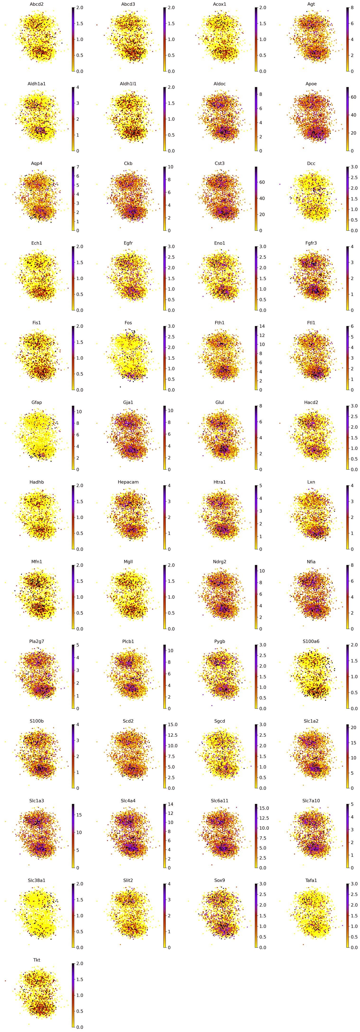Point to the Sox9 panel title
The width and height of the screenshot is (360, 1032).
[x=220, y=880]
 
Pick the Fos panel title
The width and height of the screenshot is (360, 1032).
[x=128, y=323]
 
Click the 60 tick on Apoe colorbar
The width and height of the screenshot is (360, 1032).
[x=354, y=97]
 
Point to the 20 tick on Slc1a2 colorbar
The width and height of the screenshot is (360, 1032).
[x=354, y=728]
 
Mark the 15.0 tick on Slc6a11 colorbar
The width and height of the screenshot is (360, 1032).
[x=264, y=808]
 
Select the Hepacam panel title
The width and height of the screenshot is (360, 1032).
[x=128, y=482]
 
